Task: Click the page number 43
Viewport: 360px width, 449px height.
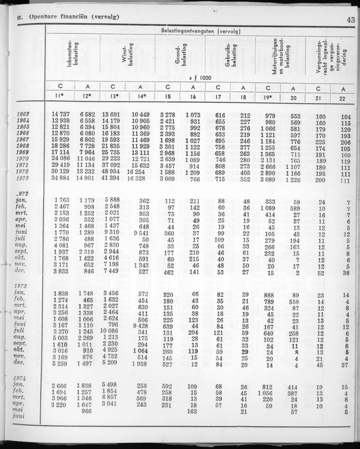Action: (x=350, y=19)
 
